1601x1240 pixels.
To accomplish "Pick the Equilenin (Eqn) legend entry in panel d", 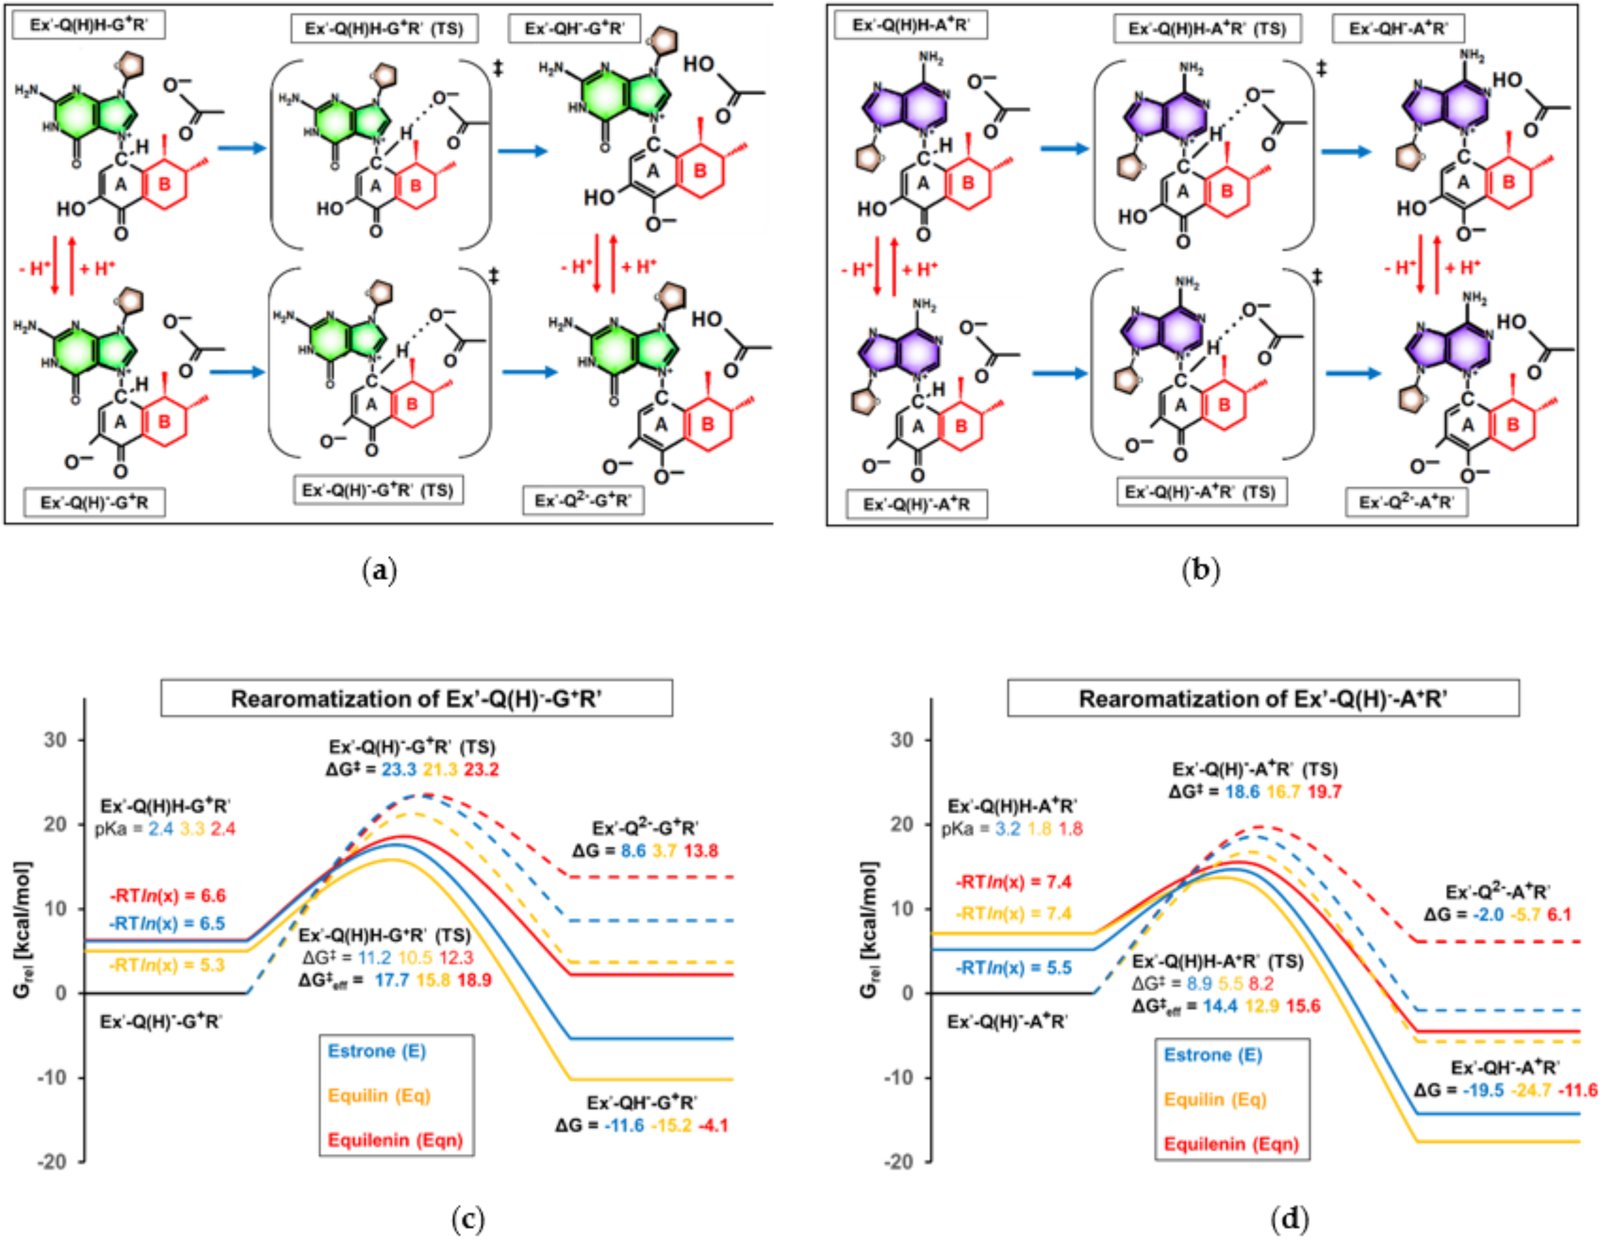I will point(1232,1143).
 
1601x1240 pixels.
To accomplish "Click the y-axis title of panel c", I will point(22,930).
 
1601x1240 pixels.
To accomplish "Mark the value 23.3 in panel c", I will point(399,769).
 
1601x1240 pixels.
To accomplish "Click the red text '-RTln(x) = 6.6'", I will point(167,895).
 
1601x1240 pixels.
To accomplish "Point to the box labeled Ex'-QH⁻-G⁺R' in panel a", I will point(574,29).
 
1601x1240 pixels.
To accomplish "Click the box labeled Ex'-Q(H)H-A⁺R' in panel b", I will point(911,25).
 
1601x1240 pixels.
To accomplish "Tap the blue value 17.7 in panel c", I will point(392,980).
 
